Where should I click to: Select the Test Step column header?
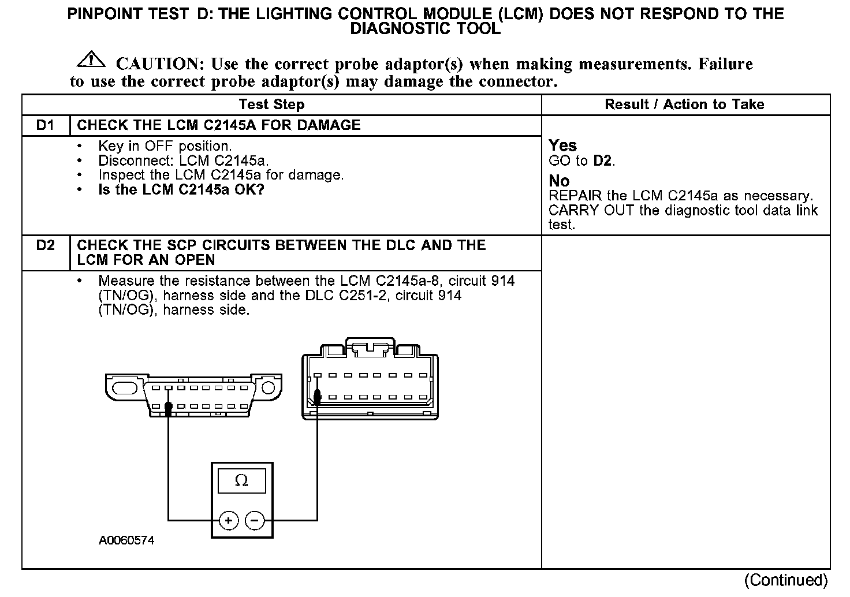271,105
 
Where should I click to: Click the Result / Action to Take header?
684,105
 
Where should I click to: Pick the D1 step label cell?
45,125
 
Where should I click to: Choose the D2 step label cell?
45,245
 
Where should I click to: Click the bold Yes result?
562,145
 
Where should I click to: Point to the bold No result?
559,181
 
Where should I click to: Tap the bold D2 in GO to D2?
603,161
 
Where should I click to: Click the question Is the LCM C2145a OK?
181,189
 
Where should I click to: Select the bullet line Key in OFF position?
165,146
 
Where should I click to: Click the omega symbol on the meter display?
242,480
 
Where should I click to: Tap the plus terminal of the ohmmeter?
229,521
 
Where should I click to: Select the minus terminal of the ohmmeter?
255,521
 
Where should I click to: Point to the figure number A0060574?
126,541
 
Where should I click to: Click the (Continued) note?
785,580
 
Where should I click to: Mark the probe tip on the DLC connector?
168,409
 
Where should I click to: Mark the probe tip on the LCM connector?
317,397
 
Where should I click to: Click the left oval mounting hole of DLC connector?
125,387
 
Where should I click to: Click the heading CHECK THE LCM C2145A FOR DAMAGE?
219,125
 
